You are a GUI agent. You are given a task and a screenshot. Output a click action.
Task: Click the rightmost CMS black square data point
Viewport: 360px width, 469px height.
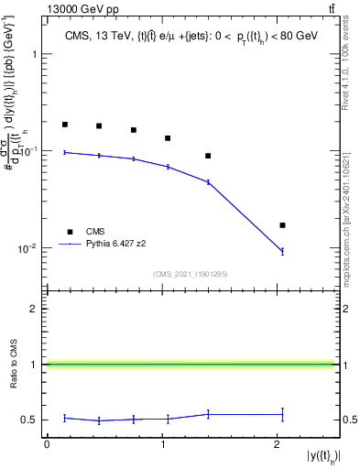(282, 225)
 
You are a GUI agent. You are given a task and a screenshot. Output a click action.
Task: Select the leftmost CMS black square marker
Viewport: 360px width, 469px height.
(65, 125)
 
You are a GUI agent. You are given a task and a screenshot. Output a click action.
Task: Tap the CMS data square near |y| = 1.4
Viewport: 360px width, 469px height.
(208, 156)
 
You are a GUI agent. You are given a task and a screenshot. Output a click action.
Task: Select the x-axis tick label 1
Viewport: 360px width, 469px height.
(161, 443)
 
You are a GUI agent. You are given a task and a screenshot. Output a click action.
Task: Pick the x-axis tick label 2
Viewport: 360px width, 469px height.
(277, 443)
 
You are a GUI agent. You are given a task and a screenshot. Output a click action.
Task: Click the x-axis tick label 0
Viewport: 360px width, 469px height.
(47, 443)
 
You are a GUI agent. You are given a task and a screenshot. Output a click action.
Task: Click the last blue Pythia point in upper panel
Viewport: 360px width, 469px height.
(282, 251)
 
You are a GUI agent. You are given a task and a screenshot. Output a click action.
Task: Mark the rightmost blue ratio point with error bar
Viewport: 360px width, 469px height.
(282, 414)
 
